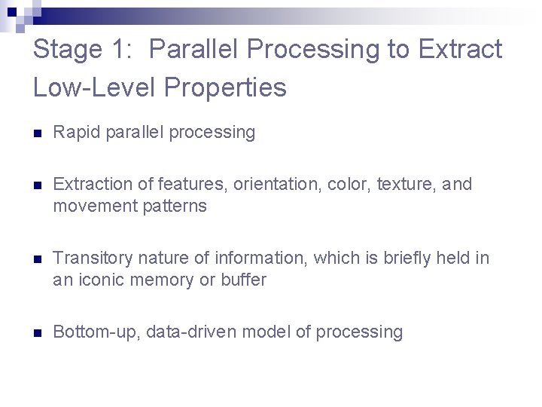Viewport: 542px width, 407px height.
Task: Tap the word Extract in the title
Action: point(460,50)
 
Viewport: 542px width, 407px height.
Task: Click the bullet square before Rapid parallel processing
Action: point(37,133)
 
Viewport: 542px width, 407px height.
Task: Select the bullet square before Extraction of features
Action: point(37,185)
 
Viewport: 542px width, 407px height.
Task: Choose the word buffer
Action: point(243,280)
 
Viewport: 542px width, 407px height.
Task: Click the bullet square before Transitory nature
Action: point(37,259)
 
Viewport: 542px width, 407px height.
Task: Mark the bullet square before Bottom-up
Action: point(37,333)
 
